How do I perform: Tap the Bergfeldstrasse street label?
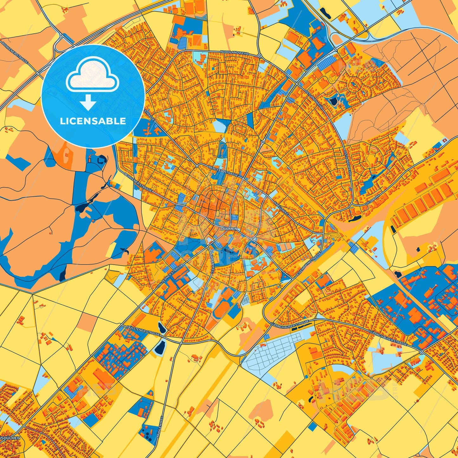click(223, 171)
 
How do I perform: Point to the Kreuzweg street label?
click(281, 208)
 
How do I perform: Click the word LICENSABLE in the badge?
click(93, 121)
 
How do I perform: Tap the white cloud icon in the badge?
click(92, 75)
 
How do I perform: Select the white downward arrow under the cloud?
click(88, 102)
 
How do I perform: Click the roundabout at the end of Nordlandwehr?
click(260, 56)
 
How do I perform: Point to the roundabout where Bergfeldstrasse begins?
click(197, 166)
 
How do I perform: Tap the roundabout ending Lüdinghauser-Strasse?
click(421, 352)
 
